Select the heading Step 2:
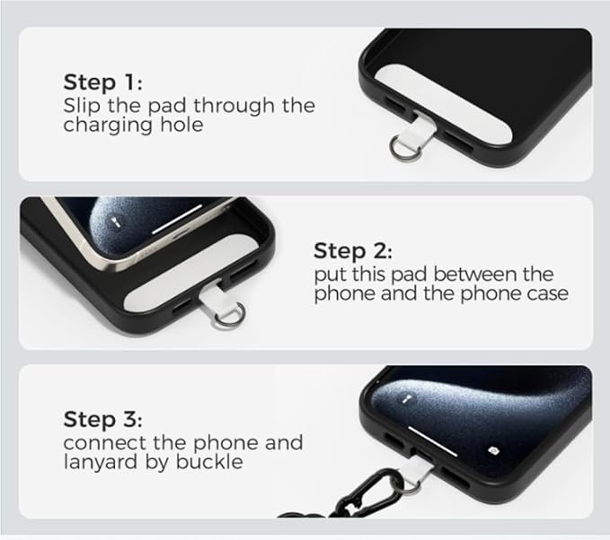pyautogui.click(x=353, y=250)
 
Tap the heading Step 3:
pyautogui.click(x=103, y=419)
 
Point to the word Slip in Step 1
pyautogui.click(x=79, y=105)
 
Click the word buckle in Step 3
pyautogui.click(x=216, y=463)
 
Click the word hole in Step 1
pyautogui.click(x=183, y=126)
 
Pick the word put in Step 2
pyautogui.click(x=329, y=274)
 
